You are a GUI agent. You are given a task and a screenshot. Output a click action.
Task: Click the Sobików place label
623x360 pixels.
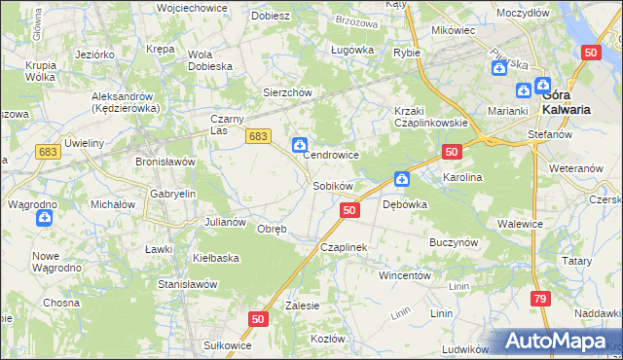click(x=332, y=185)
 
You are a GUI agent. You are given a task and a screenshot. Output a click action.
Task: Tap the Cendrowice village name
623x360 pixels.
click(x=332, y=155)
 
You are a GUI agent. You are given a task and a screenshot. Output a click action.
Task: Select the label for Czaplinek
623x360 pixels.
click(x=344, y=247)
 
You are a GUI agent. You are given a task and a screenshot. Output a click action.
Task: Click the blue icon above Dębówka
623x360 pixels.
click(x=401, y=178)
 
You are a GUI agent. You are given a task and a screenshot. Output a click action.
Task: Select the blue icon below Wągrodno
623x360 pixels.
click(x=44, y=218)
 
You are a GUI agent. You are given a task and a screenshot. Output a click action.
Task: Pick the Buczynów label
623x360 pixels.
click(x=453, y=240)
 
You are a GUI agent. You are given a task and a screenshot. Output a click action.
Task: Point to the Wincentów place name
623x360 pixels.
click(x=405, y=275)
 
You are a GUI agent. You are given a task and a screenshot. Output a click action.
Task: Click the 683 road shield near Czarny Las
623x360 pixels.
click(x=257, y=138)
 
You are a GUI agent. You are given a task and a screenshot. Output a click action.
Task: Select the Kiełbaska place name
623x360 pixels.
click(x=216, y=258)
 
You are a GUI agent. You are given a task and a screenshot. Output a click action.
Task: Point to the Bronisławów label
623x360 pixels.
click(x=165, y=161)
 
